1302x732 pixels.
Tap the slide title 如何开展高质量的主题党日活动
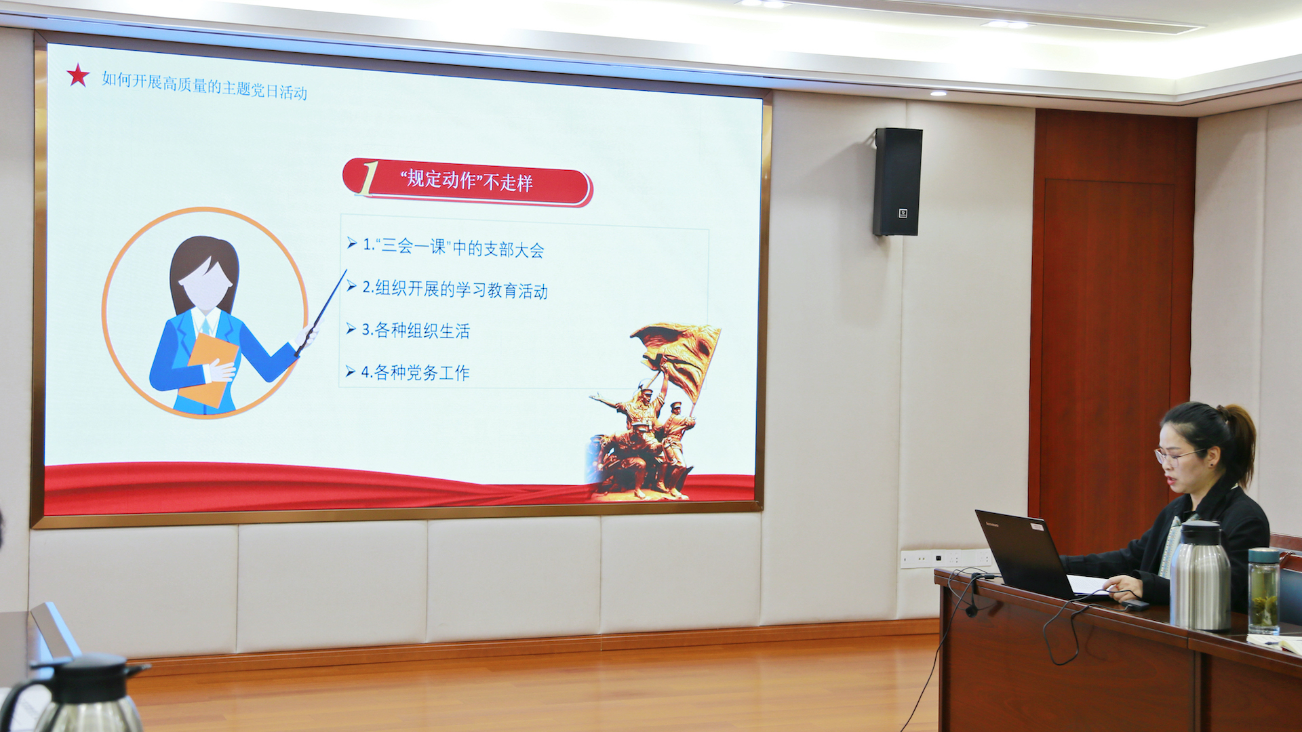click(x=204, y=85)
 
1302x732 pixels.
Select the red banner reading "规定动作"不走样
click(x=467, y=182)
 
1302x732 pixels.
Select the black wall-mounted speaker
click(x=897, y=182)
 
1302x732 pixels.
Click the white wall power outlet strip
click(x=946, y=558)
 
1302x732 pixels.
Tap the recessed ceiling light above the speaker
click(x=939, y=93)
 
